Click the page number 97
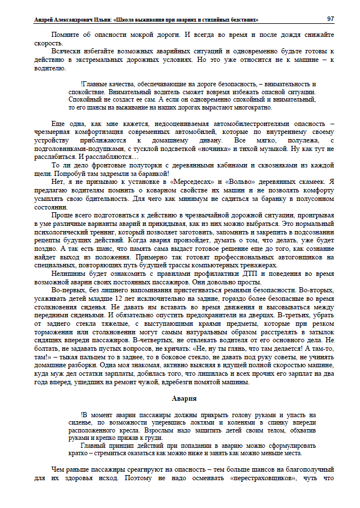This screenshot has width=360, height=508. pyautogui.click(x=330, y=19)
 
